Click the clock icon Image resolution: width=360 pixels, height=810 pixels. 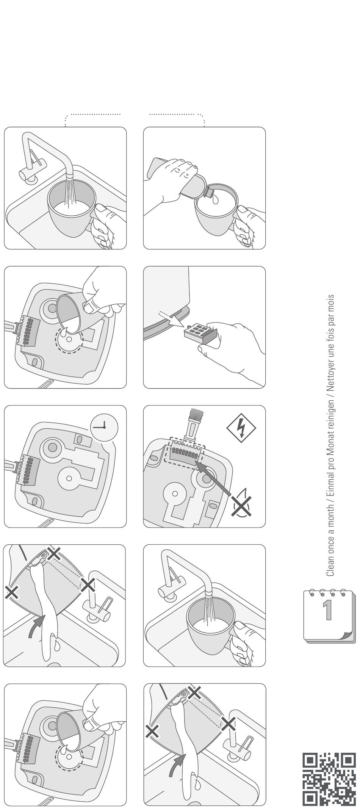click(x=104, y=427)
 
